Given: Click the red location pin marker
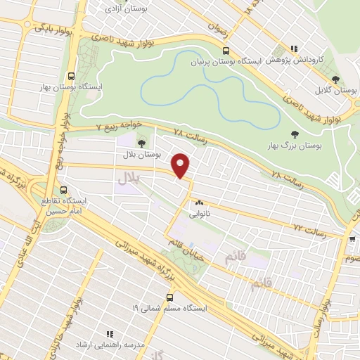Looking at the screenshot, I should click(181, 165).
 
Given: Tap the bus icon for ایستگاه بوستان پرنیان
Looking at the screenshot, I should click(225, 51).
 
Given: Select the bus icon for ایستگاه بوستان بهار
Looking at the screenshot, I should click(70, 77).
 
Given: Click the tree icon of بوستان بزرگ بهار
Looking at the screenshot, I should click(294, 134).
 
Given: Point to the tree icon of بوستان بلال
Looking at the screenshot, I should click(141, 144).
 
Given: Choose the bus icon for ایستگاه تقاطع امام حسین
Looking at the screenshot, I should click(64, 190).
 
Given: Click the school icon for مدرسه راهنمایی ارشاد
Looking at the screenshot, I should click(109, 334).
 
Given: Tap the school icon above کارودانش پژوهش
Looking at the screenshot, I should click(293, 50).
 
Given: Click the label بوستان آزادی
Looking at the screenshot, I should click(122, 8).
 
